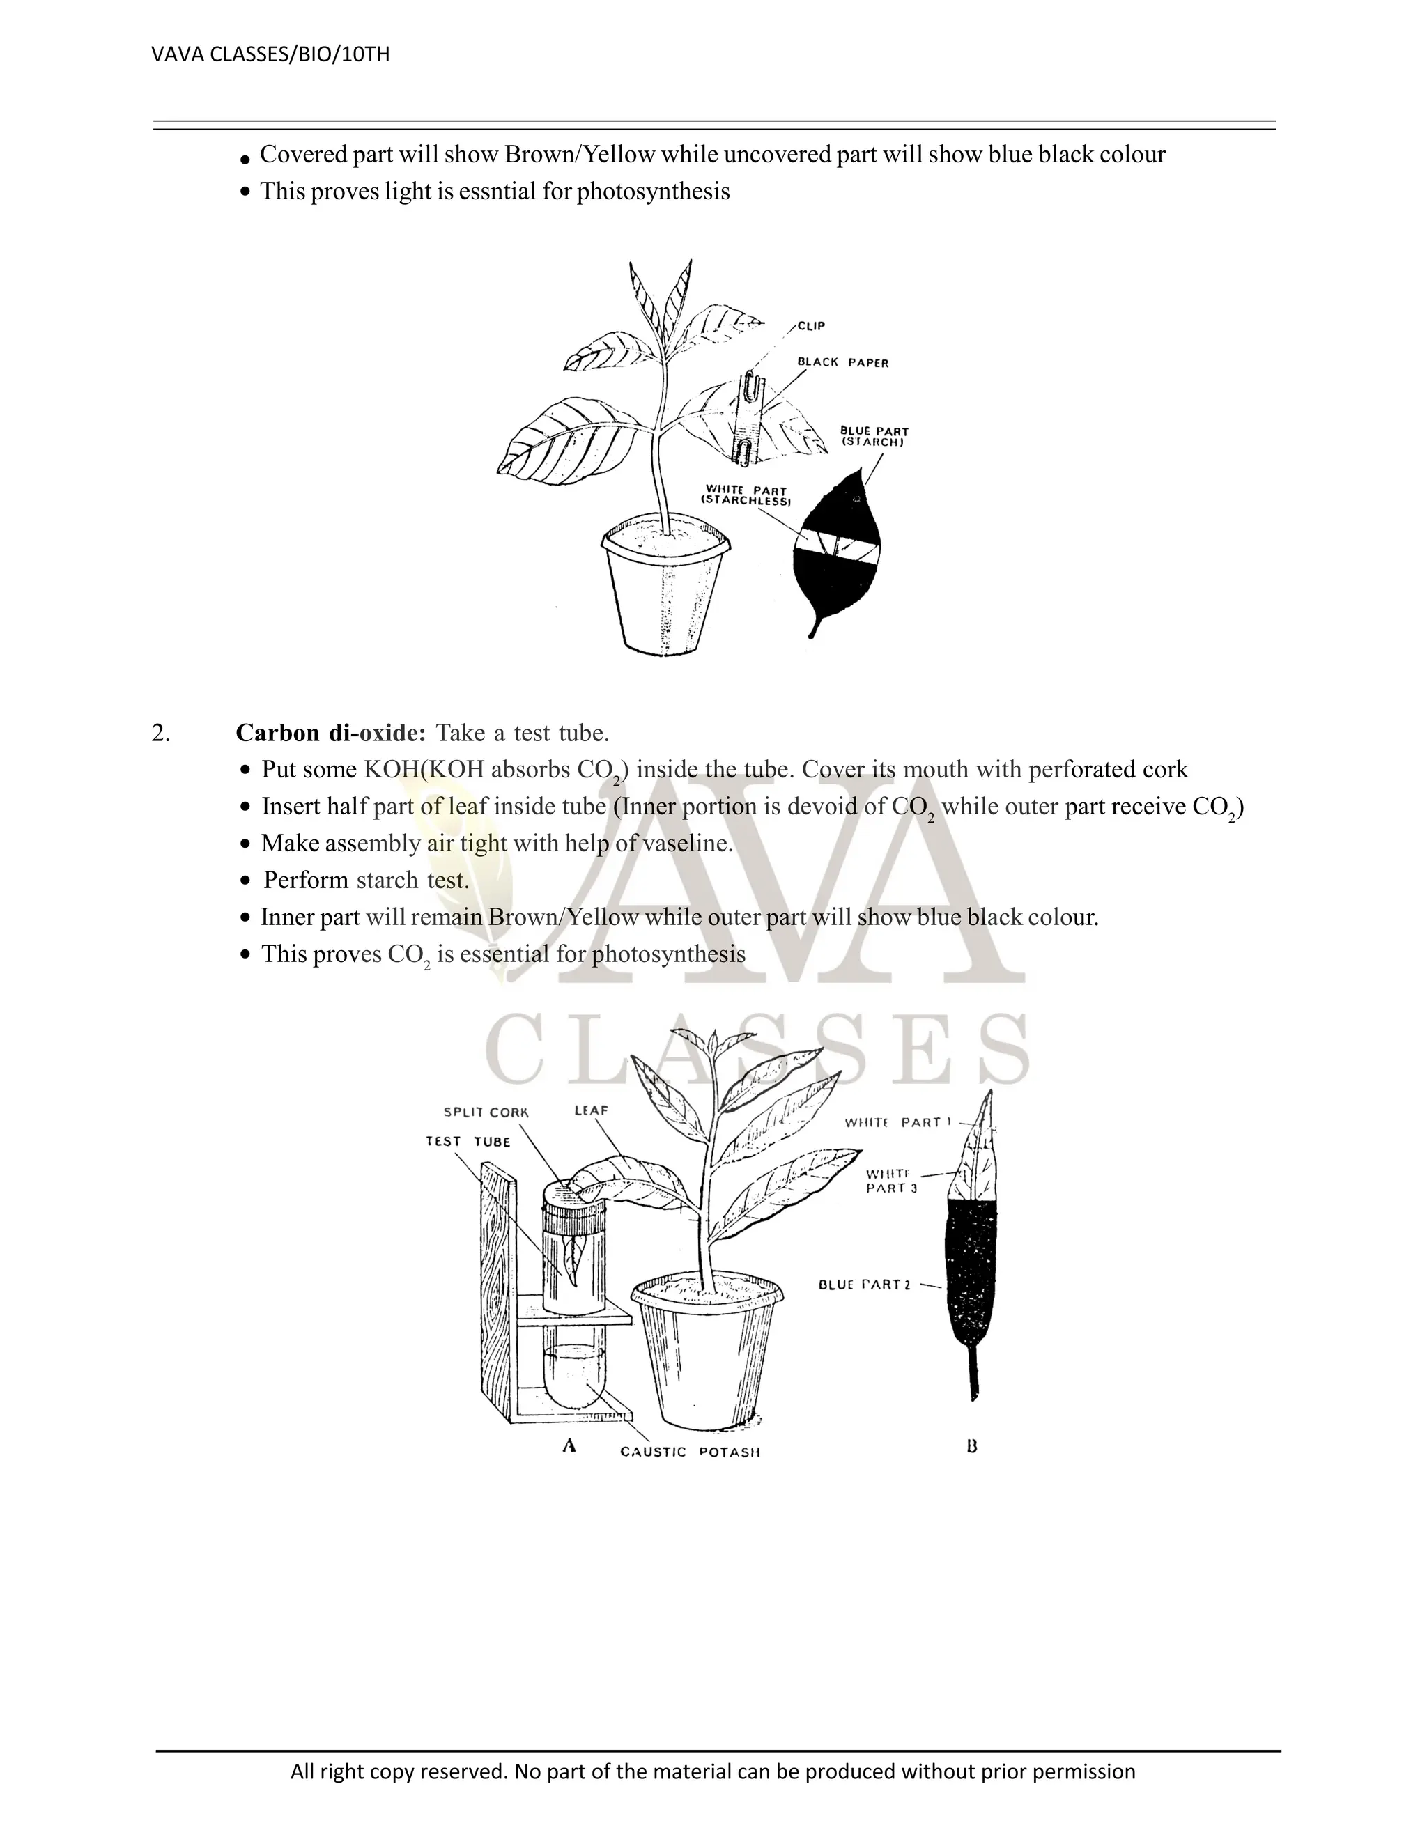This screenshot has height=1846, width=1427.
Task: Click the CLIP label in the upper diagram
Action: click(x=811, y=326)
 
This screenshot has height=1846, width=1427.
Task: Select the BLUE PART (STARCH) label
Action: click(x=874, y=436)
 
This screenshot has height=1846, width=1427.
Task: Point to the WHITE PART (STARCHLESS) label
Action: click(x=746, y=496)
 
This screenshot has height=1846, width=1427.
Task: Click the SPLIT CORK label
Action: click(x=486, y=1112)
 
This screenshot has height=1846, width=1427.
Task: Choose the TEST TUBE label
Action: click(x=468, y=1142)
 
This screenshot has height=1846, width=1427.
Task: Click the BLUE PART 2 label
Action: click(x=864, y=1285)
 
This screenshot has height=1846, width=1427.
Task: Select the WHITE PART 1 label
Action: click(x=897, y=1122)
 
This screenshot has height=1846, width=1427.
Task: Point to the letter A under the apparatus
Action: click(x=569, y=1445)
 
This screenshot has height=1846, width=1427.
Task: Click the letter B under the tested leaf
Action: click(x=971, y=1446)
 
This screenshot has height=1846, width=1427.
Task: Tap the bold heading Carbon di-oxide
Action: click(x=330, y=733)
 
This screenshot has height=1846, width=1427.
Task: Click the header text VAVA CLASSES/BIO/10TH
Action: click(x=270, y=55)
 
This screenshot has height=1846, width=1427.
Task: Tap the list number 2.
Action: click(x=161, y=734)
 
